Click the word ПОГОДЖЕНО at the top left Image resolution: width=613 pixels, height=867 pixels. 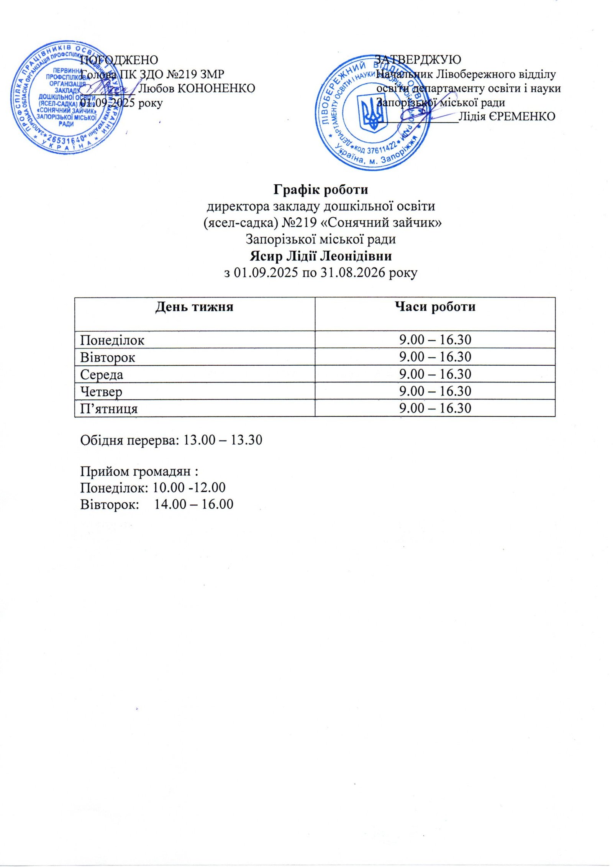click(119, 60)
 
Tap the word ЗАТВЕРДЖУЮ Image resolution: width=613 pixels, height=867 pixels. click(418, 59)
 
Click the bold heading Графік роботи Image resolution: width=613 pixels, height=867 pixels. click(321, 189)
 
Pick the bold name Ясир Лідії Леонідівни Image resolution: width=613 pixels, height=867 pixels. click(321, 256)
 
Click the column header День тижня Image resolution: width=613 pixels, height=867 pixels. click(194, 307)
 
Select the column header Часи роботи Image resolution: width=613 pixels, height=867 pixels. click(435, 307)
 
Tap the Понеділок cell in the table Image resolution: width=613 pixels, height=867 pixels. click(112, 340)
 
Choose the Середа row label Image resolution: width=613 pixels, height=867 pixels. click(102, 374)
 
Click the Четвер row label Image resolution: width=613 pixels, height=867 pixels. click(102, 392)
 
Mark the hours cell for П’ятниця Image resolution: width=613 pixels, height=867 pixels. click(435, 408)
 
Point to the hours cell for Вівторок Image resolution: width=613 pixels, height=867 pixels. click(435, 357)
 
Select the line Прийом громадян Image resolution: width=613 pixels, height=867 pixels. click(141, 471)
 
